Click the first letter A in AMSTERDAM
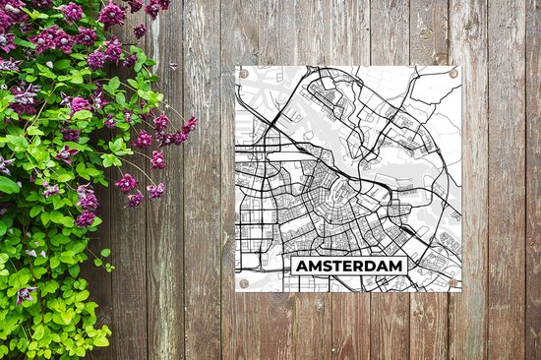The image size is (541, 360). (299, 267)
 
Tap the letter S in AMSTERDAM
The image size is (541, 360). (326, 267)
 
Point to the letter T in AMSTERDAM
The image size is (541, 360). (337, 267)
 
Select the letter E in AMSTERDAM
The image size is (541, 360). (348, 267)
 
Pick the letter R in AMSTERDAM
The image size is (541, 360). (360, 267)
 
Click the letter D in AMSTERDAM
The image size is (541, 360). (372, 267)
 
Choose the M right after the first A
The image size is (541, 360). (312, 267)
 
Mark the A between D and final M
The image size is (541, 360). (384, 267)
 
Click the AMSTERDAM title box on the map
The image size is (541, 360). (348, 267)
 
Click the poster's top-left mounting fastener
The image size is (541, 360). (244, 74)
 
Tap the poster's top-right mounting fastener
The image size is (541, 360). (453, 74)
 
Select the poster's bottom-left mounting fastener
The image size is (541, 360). (244, 282)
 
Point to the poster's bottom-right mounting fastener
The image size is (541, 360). (453, 282)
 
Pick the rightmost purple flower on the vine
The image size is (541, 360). (189, 125)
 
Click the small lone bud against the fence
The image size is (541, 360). (172, 66)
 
